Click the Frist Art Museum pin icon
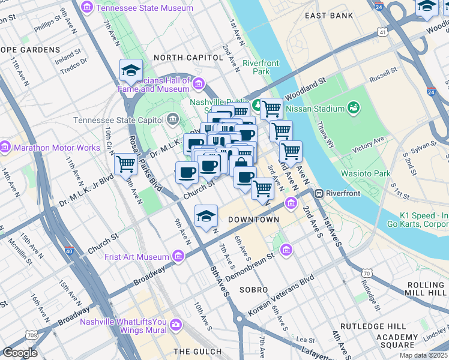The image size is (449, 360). tap(178, 257)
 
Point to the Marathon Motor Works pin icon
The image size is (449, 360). tap(5, 147)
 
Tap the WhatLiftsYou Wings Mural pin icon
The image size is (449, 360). tap(175, 325)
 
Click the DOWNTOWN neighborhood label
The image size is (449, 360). tap(253, 220)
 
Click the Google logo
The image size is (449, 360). tap(20, 352)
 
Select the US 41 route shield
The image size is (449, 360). tap(382, 32)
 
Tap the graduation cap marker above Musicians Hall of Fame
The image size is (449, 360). tap(131, 71)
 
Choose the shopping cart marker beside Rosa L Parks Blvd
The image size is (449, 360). tap(125, 163)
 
